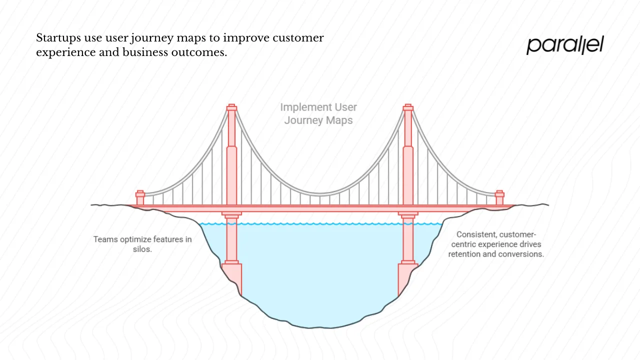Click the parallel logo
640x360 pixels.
[x=565, y=45]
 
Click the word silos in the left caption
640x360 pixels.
[x=142, y=249]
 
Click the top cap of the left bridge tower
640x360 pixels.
[x=231, y=107]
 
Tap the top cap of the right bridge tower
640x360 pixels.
[x=408, y=107]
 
